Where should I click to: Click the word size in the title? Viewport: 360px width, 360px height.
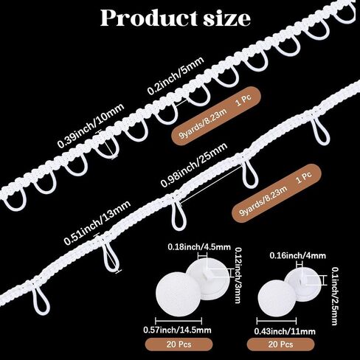pos(227,18)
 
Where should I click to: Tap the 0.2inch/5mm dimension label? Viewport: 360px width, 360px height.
pos(176,75)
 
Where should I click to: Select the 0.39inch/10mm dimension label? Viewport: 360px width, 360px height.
pos(91,126)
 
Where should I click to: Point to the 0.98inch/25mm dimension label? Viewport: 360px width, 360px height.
pos(194,165)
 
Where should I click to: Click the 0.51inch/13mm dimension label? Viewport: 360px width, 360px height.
pos(97,223)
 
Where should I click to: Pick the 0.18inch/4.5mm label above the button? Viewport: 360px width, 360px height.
pos(199,246)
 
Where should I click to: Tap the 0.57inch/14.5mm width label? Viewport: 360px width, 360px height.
pos(177,330)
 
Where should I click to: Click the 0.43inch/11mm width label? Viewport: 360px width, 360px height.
pos(285,331)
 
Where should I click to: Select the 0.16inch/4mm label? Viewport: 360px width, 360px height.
pos(297,255)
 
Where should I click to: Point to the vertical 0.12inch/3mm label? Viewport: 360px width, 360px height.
pos(237,275)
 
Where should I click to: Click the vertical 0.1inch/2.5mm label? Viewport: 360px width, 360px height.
pos(334,296)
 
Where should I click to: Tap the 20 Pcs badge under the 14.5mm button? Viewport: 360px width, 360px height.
pos(179,345)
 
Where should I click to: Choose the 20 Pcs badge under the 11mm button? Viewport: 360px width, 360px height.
pos(280,345)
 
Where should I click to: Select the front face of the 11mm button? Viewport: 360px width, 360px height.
pos(276,297)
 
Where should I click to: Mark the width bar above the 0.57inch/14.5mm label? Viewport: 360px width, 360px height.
pos(179,321)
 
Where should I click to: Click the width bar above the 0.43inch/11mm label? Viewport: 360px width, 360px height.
pos(277,321)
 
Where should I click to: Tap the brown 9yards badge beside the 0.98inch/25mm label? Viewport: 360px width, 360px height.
pos(277,193)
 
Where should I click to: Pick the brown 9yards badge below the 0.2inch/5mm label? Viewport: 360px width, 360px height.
pos(216,116)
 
